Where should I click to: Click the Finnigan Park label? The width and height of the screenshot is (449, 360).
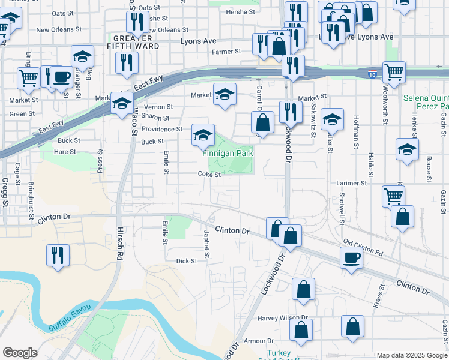(227, 154)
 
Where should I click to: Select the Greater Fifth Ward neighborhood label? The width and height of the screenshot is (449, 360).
(133, 41)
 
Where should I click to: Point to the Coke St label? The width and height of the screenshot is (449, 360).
(210, 175)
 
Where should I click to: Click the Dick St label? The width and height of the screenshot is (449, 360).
(187, 261)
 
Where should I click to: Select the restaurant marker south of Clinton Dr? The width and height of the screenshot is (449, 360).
(58, 254)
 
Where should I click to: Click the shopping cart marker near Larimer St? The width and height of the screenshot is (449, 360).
(393, 195)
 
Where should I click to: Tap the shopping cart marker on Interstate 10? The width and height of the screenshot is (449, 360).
(393, 71)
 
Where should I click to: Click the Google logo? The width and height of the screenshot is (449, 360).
(20, 353)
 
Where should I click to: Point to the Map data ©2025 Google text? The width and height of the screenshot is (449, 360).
(412, 355)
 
